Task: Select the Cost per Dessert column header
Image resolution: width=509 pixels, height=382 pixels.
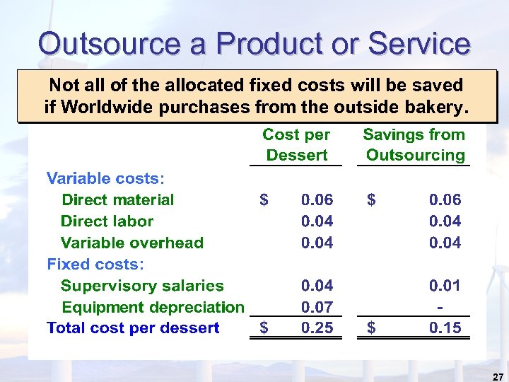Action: [296, 144]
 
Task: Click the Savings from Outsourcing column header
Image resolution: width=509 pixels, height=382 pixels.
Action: [414, 144]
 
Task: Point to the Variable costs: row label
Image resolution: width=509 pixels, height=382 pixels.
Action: [105, 178]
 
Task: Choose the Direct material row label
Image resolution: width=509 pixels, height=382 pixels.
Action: [118, 199]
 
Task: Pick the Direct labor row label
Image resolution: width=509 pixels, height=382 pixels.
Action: [107, 221]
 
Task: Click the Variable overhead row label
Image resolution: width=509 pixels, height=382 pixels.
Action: [132, 243]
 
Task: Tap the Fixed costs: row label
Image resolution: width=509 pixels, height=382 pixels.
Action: [95, 264]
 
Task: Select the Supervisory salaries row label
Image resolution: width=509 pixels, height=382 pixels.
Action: [142, 286]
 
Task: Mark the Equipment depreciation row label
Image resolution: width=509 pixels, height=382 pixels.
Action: [153, 307]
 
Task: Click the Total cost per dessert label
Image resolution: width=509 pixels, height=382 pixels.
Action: [133, 328]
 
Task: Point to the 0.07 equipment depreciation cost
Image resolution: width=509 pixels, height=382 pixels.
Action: [317, 307]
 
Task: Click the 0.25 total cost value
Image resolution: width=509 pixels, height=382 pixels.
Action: [317, 328]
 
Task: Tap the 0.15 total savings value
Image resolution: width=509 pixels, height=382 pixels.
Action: [445, 328]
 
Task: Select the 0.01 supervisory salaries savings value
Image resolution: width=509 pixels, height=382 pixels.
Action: [445, 286]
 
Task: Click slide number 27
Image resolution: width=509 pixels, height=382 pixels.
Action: [498, 376]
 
